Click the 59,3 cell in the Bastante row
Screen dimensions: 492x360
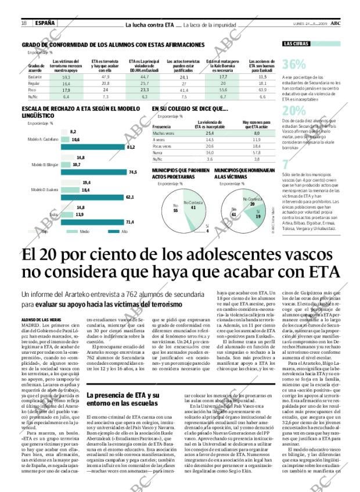[x=66, y=77]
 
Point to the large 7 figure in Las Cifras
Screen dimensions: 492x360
[x=285, y=164]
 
